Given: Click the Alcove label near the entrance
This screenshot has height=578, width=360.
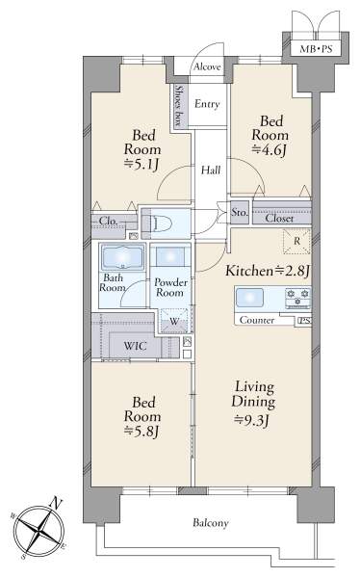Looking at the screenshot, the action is pyautogui.click(x=207, y=66).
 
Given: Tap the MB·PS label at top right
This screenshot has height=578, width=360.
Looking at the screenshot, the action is pyautogui.click(x=316, y=49).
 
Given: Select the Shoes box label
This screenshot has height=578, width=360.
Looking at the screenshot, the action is pyautogui.click(x=179, y=106).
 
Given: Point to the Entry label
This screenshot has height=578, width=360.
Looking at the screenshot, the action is pyautogui.click(x=207, y=104).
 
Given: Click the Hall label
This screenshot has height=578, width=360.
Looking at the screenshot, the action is pyautogui.click(x=211, y=171).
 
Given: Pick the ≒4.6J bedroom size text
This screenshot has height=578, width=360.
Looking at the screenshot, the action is pyautogui.click(x=270, y=150).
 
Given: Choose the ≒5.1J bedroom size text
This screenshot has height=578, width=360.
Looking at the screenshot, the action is pyautogui.click(x=142, y=164).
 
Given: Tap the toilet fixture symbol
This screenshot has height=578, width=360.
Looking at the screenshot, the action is pyautogui.click(x=162, y=223).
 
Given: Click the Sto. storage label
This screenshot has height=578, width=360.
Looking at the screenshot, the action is pyautogui.click(x=240, y=212).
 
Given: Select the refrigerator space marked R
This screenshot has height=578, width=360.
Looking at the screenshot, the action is pyautogui.click(x=296, y=242).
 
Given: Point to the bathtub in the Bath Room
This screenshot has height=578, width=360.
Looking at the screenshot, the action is pyautogui.click(x=122, y=257).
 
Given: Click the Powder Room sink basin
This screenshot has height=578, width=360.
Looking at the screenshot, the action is pyautogui.click(x=170, y=256).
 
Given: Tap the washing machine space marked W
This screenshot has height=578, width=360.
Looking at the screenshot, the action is pyautogui.click(x=174, y=321).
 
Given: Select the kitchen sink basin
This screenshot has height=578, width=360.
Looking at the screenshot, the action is pyautogui.click(x=249, y=298).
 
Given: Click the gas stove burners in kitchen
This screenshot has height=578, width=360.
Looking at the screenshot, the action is pyautogui.click(x=298, y=299).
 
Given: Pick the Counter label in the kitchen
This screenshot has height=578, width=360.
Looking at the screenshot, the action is pyautogui.click(x=256, y=320).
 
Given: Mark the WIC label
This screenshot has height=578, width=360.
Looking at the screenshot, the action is pyautogui.click(x=135, y=346).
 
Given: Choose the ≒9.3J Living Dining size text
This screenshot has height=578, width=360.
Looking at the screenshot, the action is pyautogui.click(x=253, y=420).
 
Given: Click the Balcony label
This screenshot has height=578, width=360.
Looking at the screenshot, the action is pyautogui.click(x=211, y=523).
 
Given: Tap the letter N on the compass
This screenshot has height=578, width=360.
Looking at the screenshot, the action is pyautogui.click(x=56, y=503).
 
